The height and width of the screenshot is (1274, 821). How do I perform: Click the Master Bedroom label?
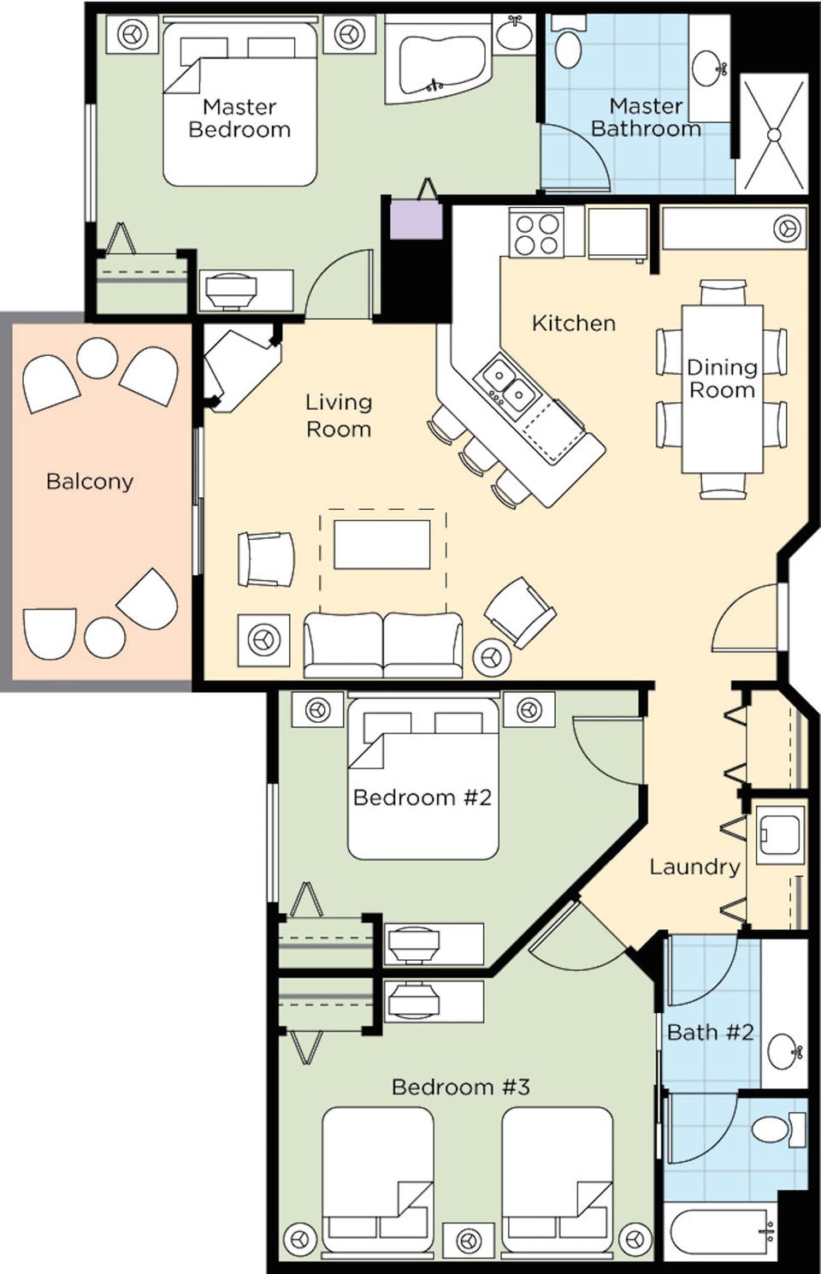coord(239,118)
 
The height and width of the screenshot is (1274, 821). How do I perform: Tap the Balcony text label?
coord(90,481)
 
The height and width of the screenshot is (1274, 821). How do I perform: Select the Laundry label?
coord(694,867)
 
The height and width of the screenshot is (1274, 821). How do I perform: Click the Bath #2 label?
coord(710,1032)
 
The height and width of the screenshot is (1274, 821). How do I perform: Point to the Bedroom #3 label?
coord(460,1087)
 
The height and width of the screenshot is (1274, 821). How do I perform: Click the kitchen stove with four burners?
coord(535,234)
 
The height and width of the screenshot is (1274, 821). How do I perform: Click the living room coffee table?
coord(381,544)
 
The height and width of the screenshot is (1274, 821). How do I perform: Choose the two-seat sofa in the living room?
coord(382,643)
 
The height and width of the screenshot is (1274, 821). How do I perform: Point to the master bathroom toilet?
coord(569,47)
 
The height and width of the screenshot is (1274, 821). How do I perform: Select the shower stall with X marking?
coord(773,134)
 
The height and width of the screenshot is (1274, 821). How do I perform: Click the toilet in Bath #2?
coord(777,1129)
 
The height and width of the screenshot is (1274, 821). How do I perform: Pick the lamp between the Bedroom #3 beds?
coord(468,1239)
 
